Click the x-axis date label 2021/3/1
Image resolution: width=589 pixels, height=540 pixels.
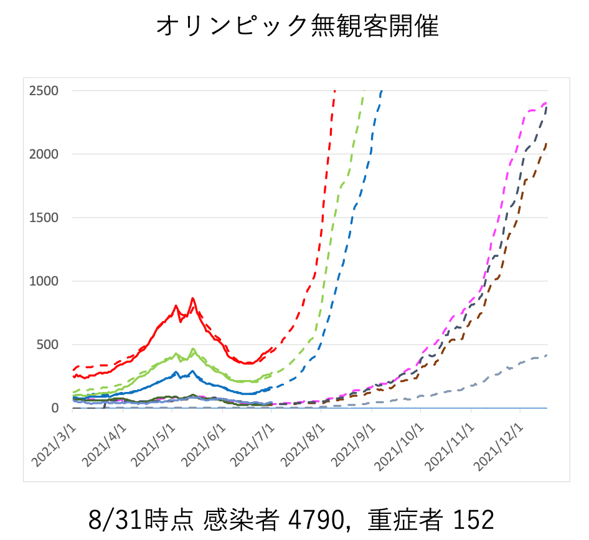point(55,443)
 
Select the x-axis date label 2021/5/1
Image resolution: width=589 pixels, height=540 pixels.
point(155,443)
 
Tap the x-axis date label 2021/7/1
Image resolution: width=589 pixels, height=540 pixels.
point(254,443)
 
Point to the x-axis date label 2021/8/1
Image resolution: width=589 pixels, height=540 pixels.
point(304,443)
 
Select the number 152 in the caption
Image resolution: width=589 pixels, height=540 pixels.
point(473,519)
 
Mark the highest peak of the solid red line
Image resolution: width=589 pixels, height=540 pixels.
point(193,299)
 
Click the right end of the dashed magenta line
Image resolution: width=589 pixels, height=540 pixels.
point(547,103)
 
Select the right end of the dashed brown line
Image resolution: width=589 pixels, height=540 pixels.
point(547,142)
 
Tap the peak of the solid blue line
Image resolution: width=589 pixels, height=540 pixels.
point(192,371)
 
